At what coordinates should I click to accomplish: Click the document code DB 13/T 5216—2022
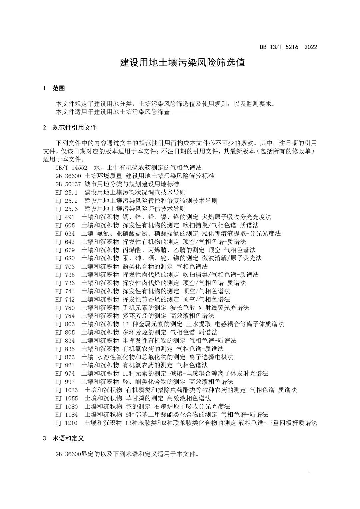(x=288, y=47)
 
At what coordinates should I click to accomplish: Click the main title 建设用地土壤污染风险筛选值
(x=182, y=63)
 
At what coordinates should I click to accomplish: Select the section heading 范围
(x=59, y=88)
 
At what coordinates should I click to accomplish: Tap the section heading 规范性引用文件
(x=75, y=127)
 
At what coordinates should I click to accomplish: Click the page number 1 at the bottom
(x=309, y=471)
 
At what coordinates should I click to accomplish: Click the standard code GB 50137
(x=69, y=184)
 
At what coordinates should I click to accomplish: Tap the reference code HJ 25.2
(x=67, y=200)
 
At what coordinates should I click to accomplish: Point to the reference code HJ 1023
(x=67, y=390)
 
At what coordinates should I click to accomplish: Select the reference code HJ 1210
(x=67, y=423)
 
